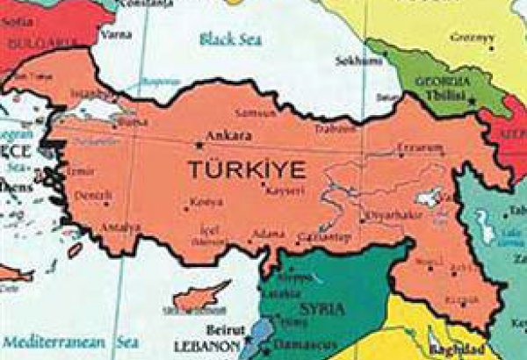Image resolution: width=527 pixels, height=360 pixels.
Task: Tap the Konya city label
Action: click(207, 201)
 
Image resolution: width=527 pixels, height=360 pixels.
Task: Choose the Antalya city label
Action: click(120, 227)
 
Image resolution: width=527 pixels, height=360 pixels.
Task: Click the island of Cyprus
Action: click(200, 297)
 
